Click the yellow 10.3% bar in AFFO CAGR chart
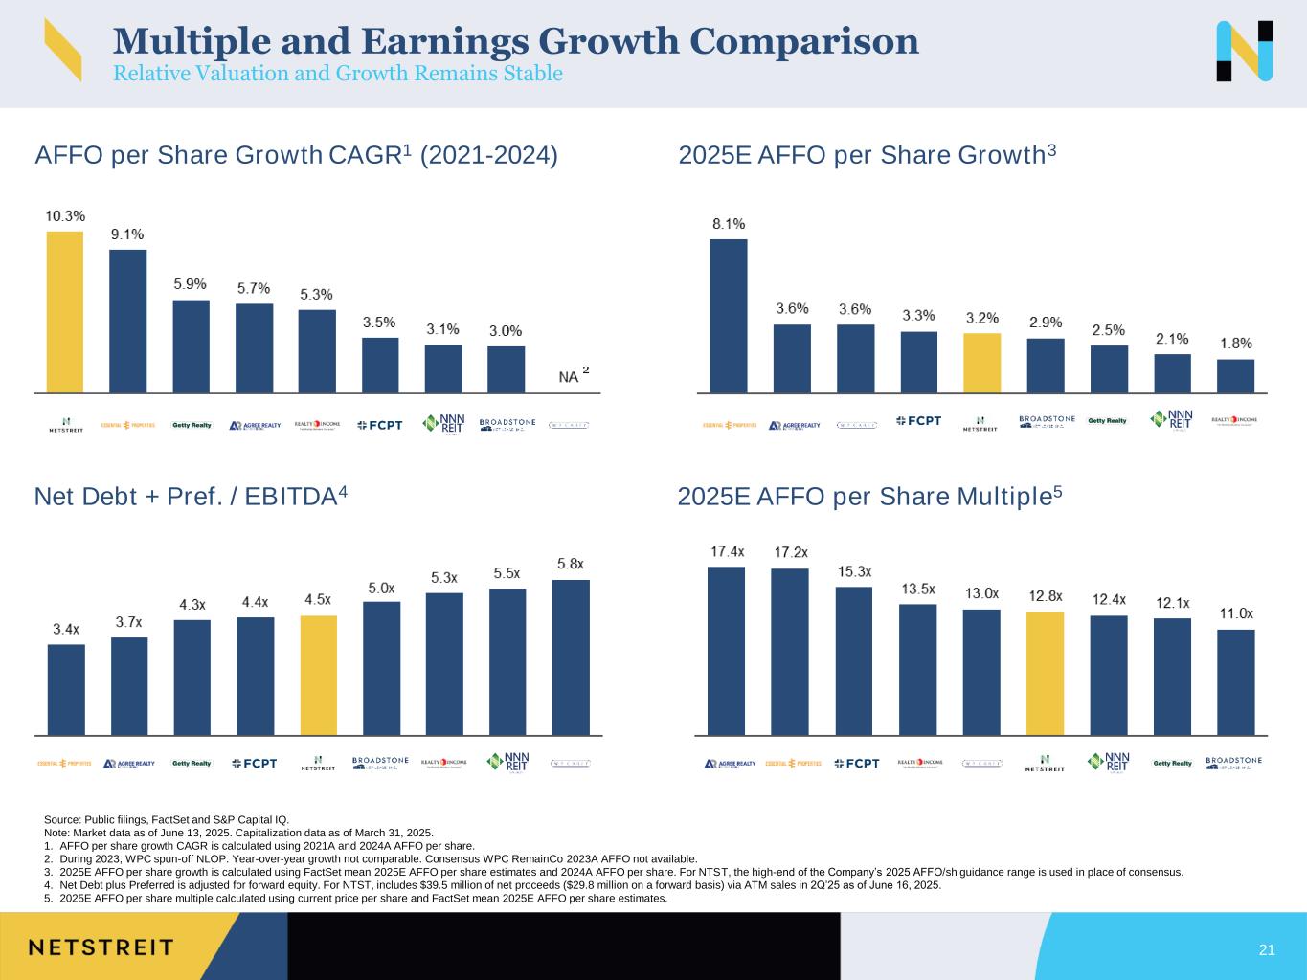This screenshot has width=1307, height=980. pyautogui.click(x=65, y=312)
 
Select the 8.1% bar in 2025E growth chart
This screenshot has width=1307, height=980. pyautogui.click(x=729, y=316)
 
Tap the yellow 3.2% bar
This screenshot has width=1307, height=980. pyautogui.click(x=981, y=363)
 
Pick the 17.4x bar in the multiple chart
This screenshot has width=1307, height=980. pyautogui.click(x=726, y=651)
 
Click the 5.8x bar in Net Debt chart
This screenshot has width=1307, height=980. pyautogui.click(x=571, y=657)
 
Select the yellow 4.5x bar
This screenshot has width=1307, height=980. pyautogui.click(x=319, y=675)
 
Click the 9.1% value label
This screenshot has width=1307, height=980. pyautogui.click(x=127, y=234)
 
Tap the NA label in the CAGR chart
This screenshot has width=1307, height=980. pyautogui.click(x=569, y=377)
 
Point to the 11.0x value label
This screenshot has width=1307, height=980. pyautogui.click(x=1235, y=612)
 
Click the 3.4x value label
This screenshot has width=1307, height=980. pyautogui.click(x=66, y=629)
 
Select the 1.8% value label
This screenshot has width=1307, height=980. pyautogui.click(x=1235, y=343)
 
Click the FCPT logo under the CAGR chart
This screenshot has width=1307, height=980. pyautogui.click(x=380, y=425)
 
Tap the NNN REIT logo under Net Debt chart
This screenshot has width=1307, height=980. pyautogui.click(x=508, y=762)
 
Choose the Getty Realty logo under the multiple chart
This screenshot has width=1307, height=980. pyautogui.click(x=1172, y=763)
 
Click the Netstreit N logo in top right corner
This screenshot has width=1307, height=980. pyautogui.click(x=1244, y=51)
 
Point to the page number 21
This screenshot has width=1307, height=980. pyautogui.click(x=1267, y=949)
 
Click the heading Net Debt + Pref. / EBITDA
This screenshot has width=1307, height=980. pyautogui.click(x=191, y=497)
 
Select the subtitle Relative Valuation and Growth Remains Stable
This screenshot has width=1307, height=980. pyautogui.click(x=338, y=74)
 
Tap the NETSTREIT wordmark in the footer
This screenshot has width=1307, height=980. pyautogui.click(x=101, y=947)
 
